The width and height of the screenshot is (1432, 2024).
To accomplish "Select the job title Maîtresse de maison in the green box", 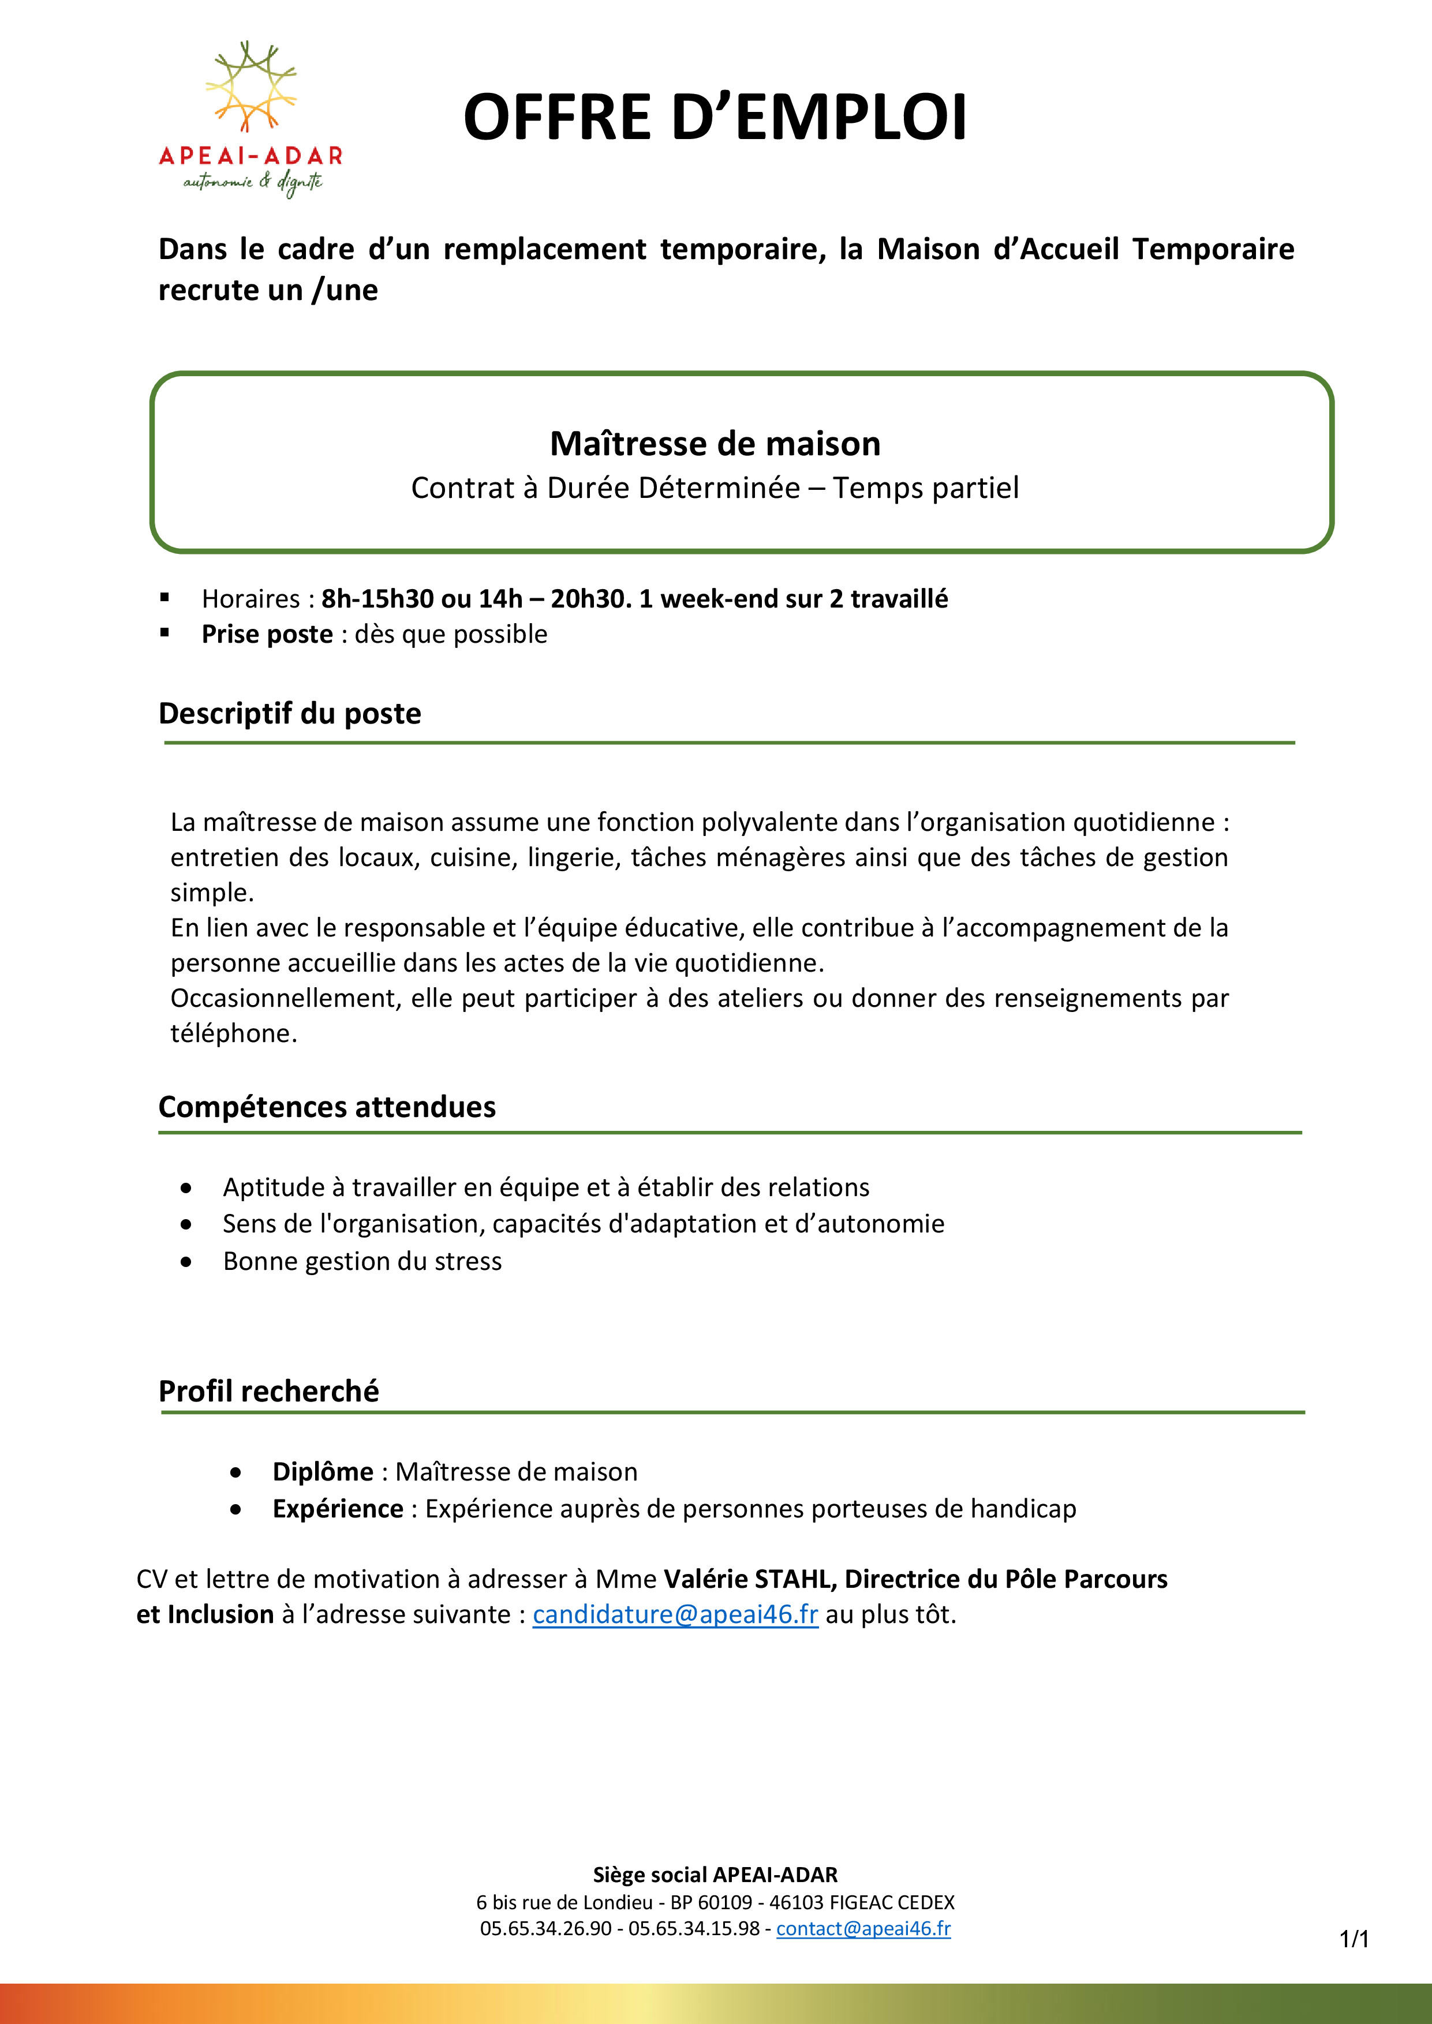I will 715,444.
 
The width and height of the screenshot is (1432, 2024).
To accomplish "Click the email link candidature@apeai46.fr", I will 675,1614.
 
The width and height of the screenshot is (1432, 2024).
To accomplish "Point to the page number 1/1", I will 1354,1939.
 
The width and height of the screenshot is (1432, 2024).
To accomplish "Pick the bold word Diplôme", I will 323,1471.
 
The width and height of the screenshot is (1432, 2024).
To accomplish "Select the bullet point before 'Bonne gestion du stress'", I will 185,1261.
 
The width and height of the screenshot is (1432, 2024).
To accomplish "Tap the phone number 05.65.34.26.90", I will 545,1928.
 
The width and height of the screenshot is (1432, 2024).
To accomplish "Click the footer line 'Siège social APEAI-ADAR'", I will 715,1874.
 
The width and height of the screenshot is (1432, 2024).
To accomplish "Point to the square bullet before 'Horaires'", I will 165,598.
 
